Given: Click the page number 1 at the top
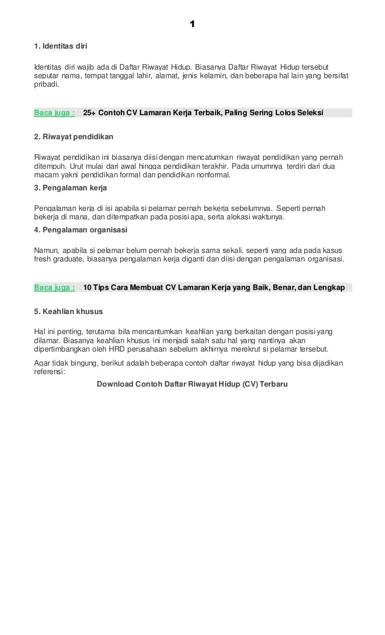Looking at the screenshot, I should pyautogui.click(x=192, y=24).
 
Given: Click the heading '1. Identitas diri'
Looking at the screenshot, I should pyautogui.click(x=61, y=46).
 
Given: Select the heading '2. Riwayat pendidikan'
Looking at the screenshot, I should pyautogui.click(x=73, y=136).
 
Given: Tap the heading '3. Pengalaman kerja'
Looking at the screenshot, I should pyautogui.click(x=70, y=188).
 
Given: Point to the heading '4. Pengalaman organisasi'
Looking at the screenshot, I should pyautogui.click(x=81, y=230).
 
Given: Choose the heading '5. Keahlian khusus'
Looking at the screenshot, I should pyautogui.click(x=68, y=311).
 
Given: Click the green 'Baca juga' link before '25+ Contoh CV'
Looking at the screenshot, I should pyautogui.click(x=54, y=113).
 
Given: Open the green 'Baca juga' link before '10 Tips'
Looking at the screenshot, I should pyautogui.click(x=54, y=287).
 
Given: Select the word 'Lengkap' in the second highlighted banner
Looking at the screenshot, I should pyautogui.click(x=329, y=287).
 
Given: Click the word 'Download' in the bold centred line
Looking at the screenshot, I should pyautogui.click(x=115, y=384).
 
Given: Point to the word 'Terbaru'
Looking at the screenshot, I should pyautogui.click(x=273, y=384).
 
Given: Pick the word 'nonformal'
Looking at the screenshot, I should pyautogui.click(x=213, y=175).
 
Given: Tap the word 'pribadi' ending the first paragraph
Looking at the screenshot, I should pyautogui.click(x=46, y=85).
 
